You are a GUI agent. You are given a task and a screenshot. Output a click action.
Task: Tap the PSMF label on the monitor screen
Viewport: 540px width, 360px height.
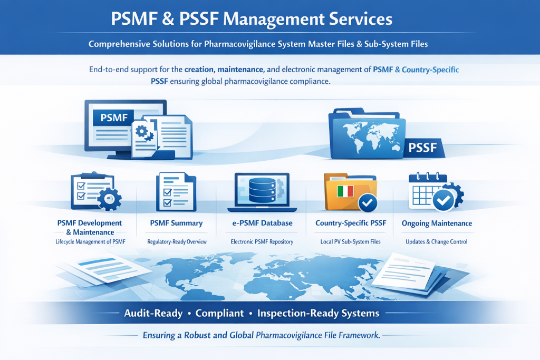[x=113, y=118]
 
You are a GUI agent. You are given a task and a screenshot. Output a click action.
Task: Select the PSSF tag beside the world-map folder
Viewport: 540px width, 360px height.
[x=422, y=148]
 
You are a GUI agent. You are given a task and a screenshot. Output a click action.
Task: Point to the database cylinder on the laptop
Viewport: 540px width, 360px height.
[x=263, y=187]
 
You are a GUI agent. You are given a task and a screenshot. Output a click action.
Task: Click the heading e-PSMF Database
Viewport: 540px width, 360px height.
[x=262, y=223]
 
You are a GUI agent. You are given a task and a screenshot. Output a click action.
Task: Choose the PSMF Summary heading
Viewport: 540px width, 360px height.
[x=176, y=223]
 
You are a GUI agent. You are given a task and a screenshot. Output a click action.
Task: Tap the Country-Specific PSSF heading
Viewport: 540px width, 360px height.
[x=351, y=223]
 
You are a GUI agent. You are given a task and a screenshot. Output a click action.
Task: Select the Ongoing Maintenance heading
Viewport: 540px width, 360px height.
[x=437, y=223]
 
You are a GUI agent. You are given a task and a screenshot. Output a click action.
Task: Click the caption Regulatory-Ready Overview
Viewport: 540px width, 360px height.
[x=177, y=242]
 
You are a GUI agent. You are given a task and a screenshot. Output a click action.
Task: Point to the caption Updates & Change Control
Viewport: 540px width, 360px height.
[x=436, y=242]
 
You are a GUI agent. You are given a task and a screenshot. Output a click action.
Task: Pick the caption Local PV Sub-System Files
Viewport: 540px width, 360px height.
[x=351, y=242]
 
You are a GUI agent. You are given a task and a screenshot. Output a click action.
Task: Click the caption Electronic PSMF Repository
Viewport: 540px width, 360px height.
[x=262, y=242]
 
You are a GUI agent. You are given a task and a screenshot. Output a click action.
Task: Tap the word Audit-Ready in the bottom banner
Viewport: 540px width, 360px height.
[x=153, y=313]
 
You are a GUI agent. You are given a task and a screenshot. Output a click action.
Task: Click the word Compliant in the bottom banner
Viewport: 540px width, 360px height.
[x=219, y=313]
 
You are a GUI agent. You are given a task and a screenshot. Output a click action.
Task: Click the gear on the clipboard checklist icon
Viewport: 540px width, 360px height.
[x=110, y=199]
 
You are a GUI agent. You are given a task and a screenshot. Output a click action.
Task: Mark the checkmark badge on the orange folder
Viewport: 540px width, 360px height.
[x=367, y=202]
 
